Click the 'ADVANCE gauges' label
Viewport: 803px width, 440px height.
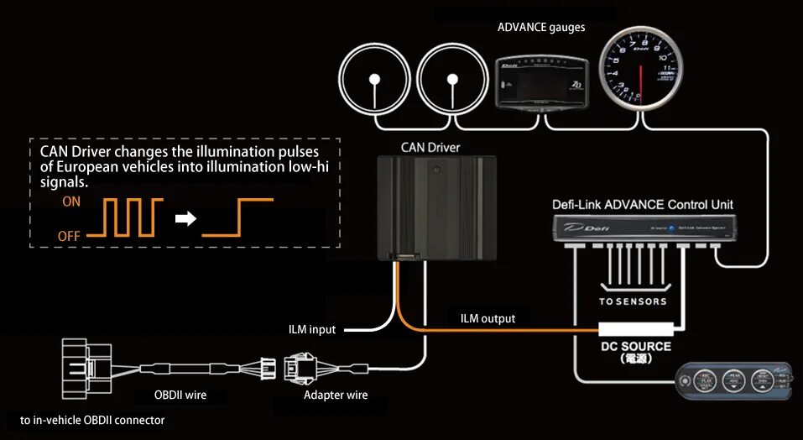pyautogui.click(x=541, y=27)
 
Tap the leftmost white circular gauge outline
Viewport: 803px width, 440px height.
pyautogui.click(x=375, y=79)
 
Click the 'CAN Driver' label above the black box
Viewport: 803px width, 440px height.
pyautogui.click(x=430, y=147)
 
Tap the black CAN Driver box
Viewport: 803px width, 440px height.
pyautogui.click(x=436, y=207)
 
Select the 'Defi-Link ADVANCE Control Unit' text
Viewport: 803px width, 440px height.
pyautogui.click(x=643, y=204)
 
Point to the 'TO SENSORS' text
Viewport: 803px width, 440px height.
pyautogui.click(x=634, y=301)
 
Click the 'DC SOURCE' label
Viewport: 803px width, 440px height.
pyautogui.click(x=635, y=346)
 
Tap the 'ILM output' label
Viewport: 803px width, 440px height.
pyautogui.click(x=488, y=318)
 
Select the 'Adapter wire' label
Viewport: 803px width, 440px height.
pyautogui.click(x=336, y=395)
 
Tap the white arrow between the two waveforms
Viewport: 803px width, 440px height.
pyautogui.click(x=185, y=219)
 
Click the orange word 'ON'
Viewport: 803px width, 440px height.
pyautogui.click(x=71, y=202)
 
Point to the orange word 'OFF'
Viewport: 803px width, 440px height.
pyautogui.click(x=69, y=236)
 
